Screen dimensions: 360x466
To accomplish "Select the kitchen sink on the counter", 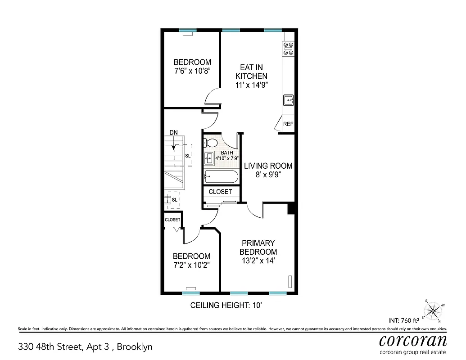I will tap(288, 100).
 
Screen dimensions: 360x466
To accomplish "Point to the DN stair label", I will tap(174, 132).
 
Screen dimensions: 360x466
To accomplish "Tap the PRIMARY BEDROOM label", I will tap(258, 247).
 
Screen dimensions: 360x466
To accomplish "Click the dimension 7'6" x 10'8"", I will tap(192, 71).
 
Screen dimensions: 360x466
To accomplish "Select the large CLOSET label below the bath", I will tap(220, 192).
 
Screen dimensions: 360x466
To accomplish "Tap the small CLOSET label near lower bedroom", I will tap(172, 220).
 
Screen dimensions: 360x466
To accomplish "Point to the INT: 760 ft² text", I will tap(404, 321).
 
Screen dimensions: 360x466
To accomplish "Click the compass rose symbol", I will tap(434, 310).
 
